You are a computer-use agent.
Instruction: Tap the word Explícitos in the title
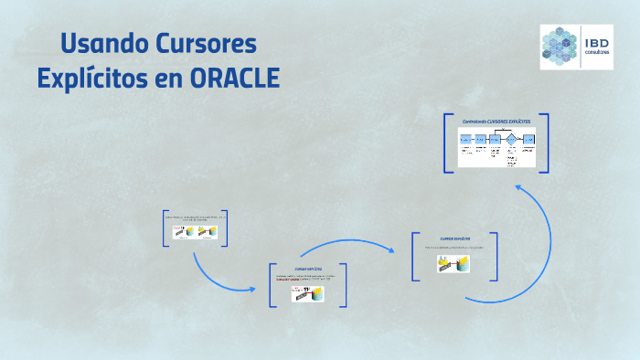pyautogui.click(x=89, y=79)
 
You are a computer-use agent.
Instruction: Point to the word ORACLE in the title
pyautogui.click(x=234, y=79)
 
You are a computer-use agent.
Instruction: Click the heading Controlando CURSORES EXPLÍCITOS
pyautogui.click(x=496, y=122)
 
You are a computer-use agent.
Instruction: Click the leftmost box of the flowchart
pyautogui.click(x=465, y=139)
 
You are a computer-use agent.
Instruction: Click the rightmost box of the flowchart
pyautogui.click(x=528, y=139)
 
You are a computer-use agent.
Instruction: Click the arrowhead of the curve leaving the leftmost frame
pyautogui.click(x=252, y=290)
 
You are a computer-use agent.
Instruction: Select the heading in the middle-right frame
pyautogui.click(x=454, y=238)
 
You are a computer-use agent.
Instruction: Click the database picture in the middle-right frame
pyautogui.click(x=453, y=263)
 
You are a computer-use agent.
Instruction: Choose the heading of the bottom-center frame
pyautogui.click(x=308, y=269)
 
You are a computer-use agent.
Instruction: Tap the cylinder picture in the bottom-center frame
pyautogui.click(x=307, y=293)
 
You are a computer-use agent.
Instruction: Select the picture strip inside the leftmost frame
pyautogui.click(x=193, y=232)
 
